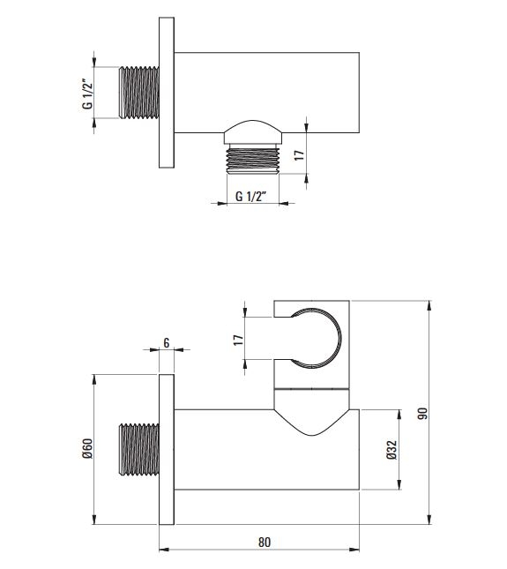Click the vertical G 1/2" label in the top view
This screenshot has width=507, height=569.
click(x=87, y=94)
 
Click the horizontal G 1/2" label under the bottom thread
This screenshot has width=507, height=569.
click(x=251, y=197)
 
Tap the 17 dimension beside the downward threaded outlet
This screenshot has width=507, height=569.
click(x=299, y=155)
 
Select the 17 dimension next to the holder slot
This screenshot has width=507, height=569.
click(x=238, y=340)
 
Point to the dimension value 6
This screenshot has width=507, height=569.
click(x=167, y=342)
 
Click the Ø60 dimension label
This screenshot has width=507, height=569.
click(x=88, y=448)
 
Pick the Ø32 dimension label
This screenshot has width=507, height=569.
click(x=392, y=450)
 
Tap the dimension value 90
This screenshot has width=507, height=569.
click(x=422, y=414)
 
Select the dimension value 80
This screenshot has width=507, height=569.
click(x=265, y=543)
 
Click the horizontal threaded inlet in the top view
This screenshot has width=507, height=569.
click(x=139, y=93)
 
